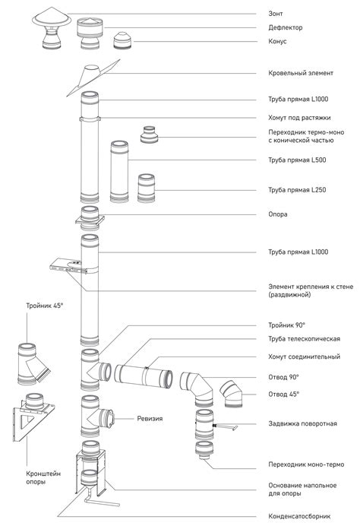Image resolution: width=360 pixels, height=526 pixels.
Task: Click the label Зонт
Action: click(x=275, y=14)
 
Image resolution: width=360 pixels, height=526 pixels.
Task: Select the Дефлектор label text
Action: click(x=286, y=27)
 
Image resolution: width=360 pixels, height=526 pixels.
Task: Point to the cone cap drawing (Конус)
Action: click(x=123, y=41)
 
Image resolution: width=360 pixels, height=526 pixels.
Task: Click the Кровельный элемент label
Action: click(x=301, y=73)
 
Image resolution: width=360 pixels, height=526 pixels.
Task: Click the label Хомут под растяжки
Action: click(x=299, y=118)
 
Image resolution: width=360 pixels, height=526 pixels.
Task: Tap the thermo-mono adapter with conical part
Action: click(x=149, y=135)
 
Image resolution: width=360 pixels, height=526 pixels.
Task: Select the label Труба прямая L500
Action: click(x=297, y=160)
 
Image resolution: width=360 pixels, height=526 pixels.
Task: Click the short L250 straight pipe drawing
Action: click(x=146, y=189)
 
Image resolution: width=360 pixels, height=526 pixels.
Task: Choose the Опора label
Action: click(x=277, y=214)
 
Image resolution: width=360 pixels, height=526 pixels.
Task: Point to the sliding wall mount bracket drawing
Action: click(x=68, y=266)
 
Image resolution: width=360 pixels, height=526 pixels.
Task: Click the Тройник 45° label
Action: click(x=45, y=306)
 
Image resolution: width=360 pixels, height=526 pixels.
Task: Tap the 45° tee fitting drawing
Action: click(x=33, y=363)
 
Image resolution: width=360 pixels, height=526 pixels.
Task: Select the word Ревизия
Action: click(x=150, y=419)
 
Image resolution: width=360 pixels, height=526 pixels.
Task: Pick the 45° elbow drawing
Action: click(x=232, y=394)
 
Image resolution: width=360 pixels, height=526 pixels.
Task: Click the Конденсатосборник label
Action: click(x=299, y=516)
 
